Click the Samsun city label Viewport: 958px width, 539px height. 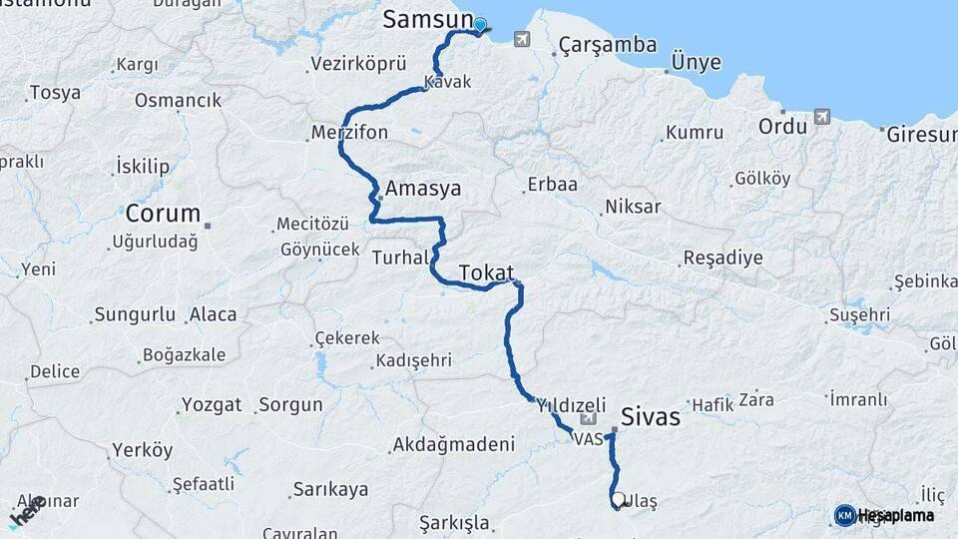427,20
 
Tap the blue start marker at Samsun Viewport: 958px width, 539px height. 480,26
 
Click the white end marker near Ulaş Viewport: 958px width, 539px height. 619,499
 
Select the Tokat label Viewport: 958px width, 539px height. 486,272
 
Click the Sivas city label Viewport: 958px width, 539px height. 650,416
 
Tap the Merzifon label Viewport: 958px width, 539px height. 349,133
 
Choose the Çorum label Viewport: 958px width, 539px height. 163,214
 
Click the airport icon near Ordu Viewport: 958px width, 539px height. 821,116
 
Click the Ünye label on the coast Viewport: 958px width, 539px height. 697,62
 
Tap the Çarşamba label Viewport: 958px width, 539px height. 608,45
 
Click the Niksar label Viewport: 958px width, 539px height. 633,208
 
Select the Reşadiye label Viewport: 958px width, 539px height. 722,259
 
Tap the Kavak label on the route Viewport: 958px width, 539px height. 447,82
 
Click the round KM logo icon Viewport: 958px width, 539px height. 844,515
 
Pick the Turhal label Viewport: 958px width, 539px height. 399,258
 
